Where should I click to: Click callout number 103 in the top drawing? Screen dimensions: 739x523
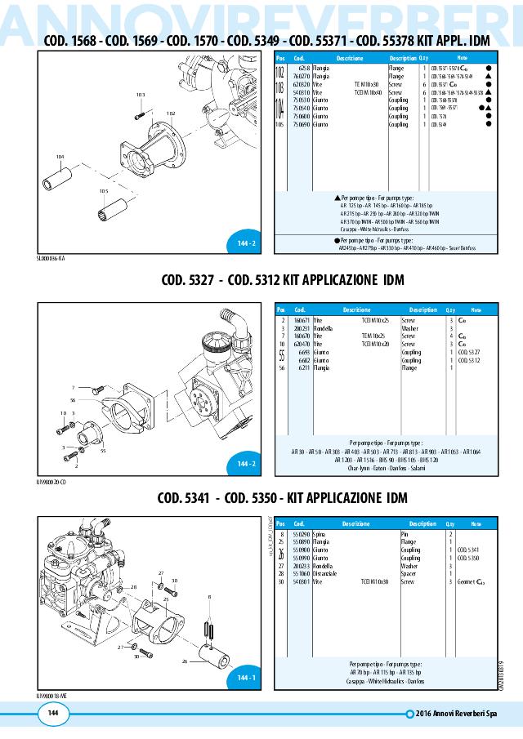[x=140, y=95]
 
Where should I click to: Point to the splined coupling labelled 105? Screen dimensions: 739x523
[x=112, y=207]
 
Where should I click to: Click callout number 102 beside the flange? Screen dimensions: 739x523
[x=170, y=114]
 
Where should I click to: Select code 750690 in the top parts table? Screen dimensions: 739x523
[x=302, y=126]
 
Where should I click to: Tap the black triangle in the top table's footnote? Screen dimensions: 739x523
[x=337, y=198]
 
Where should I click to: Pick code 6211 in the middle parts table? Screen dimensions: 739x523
[x=303, y=367]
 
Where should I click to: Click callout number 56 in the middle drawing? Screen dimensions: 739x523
[x=73, y=400]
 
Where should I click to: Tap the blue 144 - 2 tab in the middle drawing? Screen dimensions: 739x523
[x=247, y=464]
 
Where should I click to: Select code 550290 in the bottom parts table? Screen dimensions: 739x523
[x=301, y=533]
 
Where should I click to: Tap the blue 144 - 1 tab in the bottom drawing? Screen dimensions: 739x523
[x=247, y=678]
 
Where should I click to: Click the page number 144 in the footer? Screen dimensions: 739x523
[x=52, y=714]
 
